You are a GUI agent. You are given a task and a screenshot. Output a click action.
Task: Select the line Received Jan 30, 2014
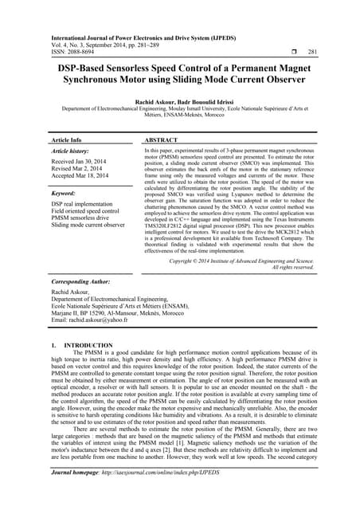tap(84, 162)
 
